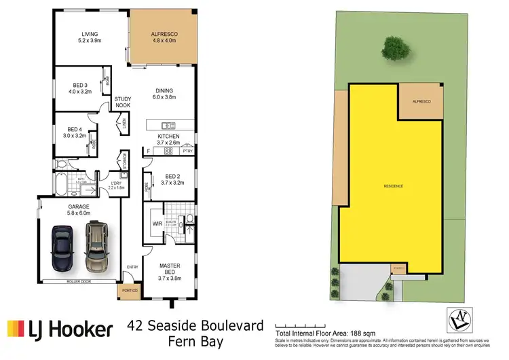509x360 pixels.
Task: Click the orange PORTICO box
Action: point(128,290)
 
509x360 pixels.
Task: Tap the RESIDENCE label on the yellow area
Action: point(394,185)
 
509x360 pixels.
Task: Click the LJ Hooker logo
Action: point(60,329)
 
